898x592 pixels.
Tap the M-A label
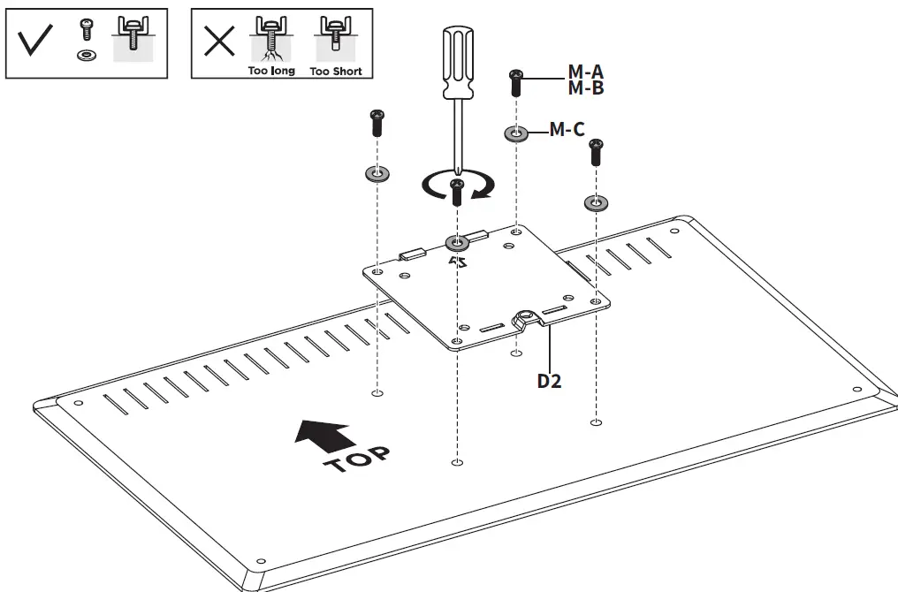click(585, 71)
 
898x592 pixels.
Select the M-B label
click(585, 87)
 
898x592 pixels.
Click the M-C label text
click(567, 130)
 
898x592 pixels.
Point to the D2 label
click(550, 382)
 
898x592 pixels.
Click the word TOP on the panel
click(356, 460)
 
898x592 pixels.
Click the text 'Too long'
click(270, 71)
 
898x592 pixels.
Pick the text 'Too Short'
click(336, 71)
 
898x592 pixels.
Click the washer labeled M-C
click(515, 133)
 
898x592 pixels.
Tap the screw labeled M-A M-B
click(515, 83)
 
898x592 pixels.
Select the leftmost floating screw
click(377, 122)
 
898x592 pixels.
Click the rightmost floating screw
click(596, 152)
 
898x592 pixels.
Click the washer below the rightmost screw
click(596, 204)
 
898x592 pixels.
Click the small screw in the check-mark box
click(86, 32)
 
